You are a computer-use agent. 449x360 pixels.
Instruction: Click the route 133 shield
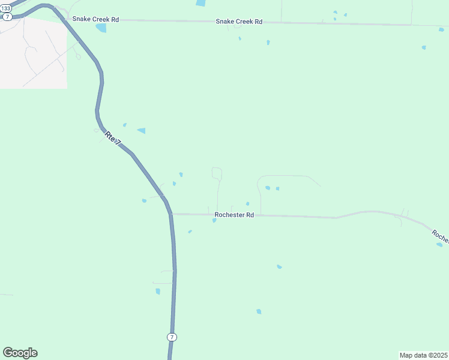tap(6, 8)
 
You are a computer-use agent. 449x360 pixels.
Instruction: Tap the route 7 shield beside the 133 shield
tap(7, 16)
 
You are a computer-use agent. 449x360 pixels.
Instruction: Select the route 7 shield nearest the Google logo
tap(172, 337)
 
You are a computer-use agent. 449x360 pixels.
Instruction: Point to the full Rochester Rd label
tap(234, 215)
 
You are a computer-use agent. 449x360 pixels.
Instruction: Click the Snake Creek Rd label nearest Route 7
tap(95, 19)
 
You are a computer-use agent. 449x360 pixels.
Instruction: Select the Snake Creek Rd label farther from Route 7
tap(239, 22)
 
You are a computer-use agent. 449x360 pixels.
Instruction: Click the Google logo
tap(20, 353)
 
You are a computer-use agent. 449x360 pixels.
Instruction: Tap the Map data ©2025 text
tap(423, 355)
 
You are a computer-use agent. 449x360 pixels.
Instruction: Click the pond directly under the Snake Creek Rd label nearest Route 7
tap(101, 28)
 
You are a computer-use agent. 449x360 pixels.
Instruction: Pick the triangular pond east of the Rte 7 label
tap(142, 130)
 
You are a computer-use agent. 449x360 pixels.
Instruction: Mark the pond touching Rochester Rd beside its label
tap(214, 220)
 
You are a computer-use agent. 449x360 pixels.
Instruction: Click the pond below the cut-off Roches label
tap(439, 244)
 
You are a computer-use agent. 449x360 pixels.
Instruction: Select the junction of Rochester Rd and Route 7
tap(170, 214)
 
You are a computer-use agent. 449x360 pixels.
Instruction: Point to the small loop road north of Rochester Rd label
tap(217, 174)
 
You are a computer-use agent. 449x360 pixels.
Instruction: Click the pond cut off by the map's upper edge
tap(200, 3)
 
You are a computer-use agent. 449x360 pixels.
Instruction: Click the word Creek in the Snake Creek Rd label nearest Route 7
tap(97, 19)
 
